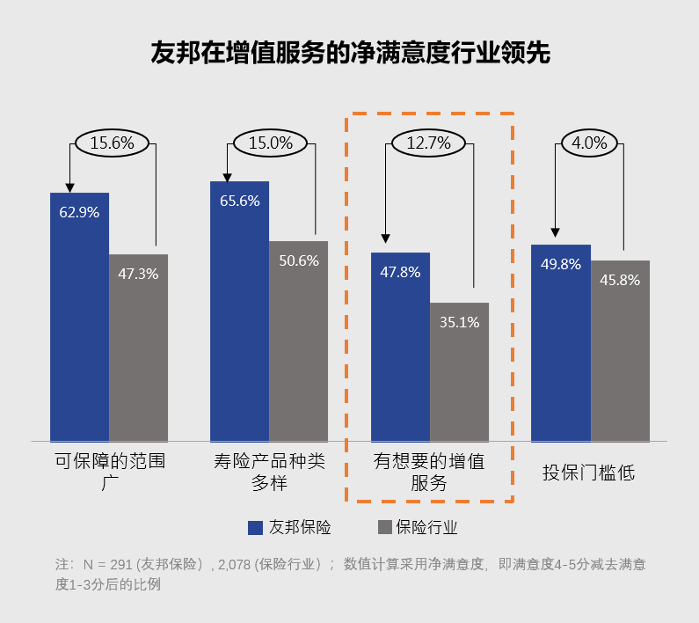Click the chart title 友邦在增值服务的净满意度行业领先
pyautogui.click(x=350, y=52)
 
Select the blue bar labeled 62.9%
pyautogui.click(x=79, y=317)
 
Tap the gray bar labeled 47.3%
pyautogui.click(x=138, y=348)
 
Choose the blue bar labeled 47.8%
pyautogui.click(x=400, y=347)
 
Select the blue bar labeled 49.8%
pyautogui.click(x=561, y=343)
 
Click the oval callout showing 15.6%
pyautogui.click(x=113, y=142)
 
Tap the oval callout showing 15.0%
pyautogui.click(x=273, y=142)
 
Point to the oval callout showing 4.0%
pyautogui.click(x=590, y=142)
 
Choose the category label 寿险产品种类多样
pyautogui.click(x=269, y=472)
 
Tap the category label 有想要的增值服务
pyautogui.click(x=429, y=472)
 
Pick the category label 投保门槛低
pyautogui.click(x=589, y=473)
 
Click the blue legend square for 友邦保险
pyautogui.click(x=256, y=527)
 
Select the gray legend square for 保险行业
pyautogui.click(x=383, y=527)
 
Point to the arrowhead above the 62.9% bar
pyautogui.click(x=70, y=187)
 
